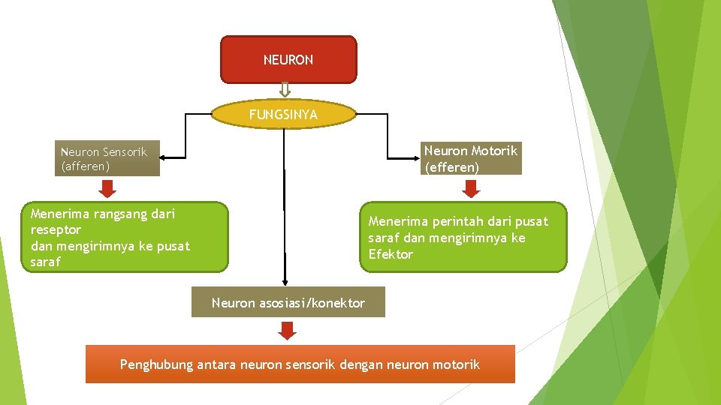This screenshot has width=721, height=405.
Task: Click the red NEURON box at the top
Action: pyautogui.click(x=288, y=59)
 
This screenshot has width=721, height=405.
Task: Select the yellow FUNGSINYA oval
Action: pyautogui.click(x=283, y=115)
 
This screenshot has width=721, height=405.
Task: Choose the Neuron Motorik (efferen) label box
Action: pyautogui.click(x=471, y=159)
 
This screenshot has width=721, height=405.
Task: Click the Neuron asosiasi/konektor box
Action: pyautogui.click(x=288, y=303)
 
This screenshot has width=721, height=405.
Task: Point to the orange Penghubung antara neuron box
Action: pyautogui.click(x=300, y=364)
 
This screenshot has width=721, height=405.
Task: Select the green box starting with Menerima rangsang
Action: pyautogui.click(x=125, y=237)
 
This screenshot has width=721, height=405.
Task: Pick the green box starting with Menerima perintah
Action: pyautogui.click(x=463, y=237)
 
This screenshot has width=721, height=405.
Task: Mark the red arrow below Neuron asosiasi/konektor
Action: pyautogui.click(x=288, y=330)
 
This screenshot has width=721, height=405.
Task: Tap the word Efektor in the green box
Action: pyautogui.click(x=391, y=254)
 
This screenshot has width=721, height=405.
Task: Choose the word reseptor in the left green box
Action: pyautogui.click(x=56, y=229)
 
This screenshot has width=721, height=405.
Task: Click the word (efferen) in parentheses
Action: pyautogui.click(x=451, y=167)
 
